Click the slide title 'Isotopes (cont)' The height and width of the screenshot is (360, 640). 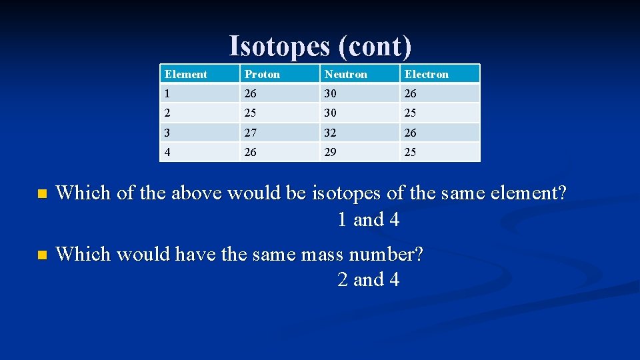tap(320, 46)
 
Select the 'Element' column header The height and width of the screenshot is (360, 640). tap(186, 74)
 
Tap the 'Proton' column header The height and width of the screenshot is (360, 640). tap(262, 74)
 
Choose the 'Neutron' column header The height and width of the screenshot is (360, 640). tap(345, 74)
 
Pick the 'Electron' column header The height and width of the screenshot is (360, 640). tap(427, 74)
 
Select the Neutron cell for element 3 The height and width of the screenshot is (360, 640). tap(331, 133)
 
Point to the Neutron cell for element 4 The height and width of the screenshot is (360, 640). tap(331, 152)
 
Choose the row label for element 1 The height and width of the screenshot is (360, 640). tap(168, 93)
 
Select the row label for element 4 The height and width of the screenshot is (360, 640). tap(168, 152)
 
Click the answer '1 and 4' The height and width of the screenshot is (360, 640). tap(368, 219)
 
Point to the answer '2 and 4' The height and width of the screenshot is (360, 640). tap(368, 279)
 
